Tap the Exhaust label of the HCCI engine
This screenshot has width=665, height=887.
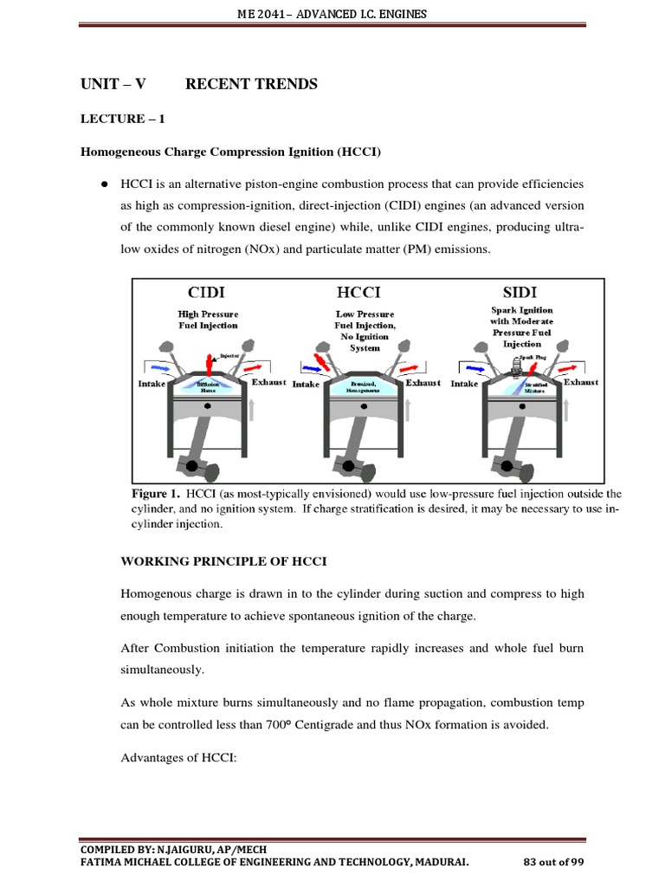(423, 382)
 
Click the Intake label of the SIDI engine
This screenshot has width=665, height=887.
(464, 384)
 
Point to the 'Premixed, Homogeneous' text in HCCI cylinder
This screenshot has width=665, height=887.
(364, 386)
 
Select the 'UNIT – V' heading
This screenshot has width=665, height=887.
(113, 84)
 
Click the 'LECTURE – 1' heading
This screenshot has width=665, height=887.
(122, 120)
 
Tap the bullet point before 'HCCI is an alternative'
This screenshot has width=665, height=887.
(104, 185)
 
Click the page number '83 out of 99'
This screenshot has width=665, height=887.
(554, 862)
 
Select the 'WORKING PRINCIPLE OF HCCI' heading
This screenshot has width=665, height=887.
(223, 561)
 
